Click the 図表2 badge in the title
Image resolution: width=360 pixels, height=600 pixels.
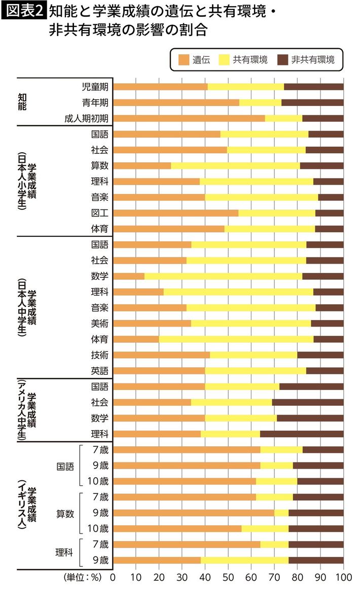click(x=24, y=11)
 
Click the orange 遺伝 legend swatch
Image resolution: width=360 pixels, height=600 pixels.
click(x=183, y=60)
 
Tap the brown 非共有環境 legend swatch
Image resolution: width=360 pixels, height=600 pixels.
click(x=283, y=60)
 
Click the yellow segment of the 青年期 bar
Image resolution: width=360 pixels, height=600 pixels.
click(x=260, y=102)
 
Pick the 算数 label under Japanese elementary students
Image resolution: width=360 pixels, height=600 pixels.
click(x=100, y=165)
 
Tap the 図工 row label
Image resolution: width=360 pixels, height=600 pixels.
click(x=100, y=213)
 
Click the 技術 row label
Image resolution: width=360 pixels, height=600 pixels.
click(x=100, y=355)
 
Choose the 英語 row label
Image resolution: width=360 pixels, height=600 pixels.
click(x=100, y=370)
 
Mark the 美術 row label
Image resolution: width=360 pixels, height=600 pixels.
click(x=100, y=323)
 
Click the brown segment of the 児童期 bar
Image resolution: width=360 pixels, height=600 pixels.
click(x=313, y=87)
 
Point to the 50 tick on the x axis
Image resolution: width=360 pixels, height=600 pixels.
click(x=228, y=577)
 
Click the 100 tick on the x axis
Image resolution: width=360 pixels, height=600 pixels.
click(x=343, y=577)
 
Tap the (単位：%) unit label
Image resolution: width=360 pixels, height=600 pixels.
click(x=83, y=577)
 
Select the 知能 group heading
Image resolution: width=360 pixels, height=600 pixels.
click(x=22, y=102)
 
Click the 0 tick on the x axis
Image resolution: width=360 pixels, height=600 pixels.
click(x=113, y=577)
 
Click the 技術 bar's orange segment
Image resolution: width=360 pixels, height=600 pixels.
click(x=161, y=355)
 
